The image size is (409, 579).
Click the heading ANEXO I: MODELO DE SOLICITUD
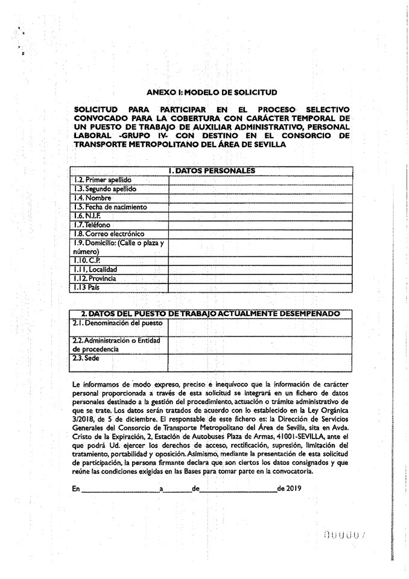tap(212, 92)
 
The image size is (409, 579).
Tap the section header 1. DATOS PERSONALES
tap(212, 171)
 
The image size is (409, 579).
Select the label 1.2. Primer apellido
tap(102, 180)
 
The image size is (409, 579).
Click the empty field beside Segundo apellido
tap(260, 189)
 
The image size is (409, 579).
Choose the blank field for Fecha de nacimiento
tap(260, 207)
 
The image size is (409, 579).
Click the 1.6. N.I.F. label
tap(87, 215)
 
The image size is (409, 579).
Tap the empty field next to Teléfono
tap(260, 224)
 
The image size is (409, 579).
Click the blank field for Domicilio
tap(260, 247)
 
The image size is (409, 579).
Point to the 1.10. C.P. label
tap(86, 261)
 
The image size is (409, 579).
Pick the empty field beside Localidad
tap(260, 270)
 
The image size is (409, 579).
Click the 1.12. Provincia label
tap(94, 279)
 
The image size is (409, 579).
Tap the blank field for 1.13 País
tap(260, 288)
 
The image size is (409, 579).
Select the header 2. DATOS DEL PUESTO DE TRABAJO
tap(211, 314)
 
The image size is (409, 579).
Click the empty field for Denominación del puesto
tap(260, 327)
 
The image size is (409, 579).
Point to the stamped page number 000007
tap(345, 534)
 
